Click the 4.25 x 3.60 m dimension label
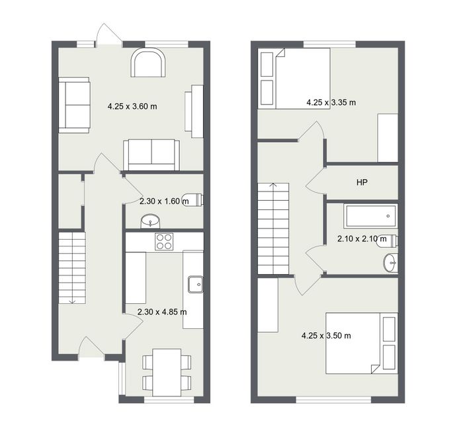(132, 106)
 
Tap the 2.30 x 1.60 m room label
(164, 201)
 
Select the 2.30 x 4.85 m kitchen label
(162, 312)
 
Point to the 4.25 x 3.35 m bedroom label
(331, 102)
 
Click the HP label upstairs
(362, 182)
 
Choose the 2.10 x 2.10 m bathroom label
(362, 238)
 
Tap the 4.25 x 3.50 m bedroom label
(326, 336)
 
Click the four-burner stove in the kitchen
(164, 242)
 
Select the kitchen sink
(196, 284)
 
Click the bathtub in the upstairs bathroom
(370, 216)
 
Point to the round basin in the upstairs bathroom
(390, 262)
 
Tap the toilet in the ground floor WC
(192, 199)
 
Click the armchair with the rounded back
(148, 63)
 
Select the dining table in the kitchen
(167, 373)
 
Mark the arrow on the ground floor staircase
(72, 301)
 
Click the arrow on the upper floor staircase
(274, 186)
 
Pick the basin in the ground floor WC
(150, 221)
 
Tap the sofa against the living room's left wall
(74, 105)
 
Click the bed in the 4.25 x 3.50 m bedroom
(362, 343)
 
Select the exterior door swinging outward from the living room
(108, 35)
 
